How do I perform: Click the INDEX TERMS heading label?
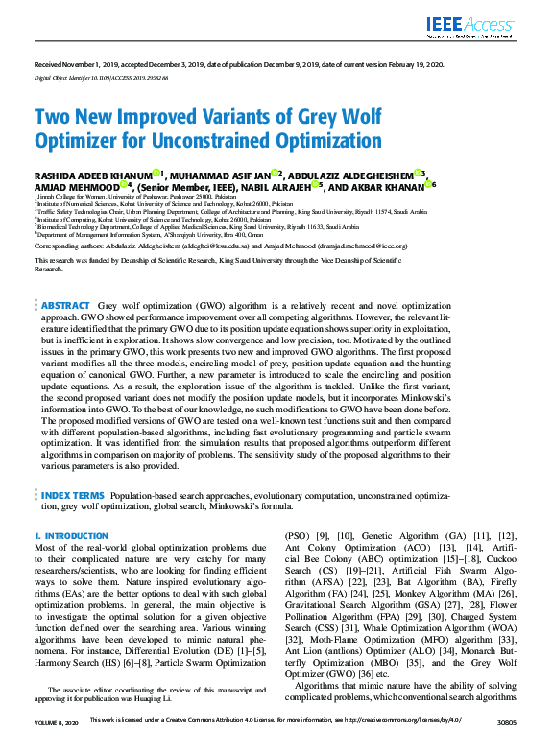click(x=73, y=495)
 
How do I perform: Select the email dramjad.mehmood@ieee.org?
click(x=366, y=245)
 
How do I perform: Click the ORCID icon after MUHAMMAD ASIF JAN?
click(x=276, y=173)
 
